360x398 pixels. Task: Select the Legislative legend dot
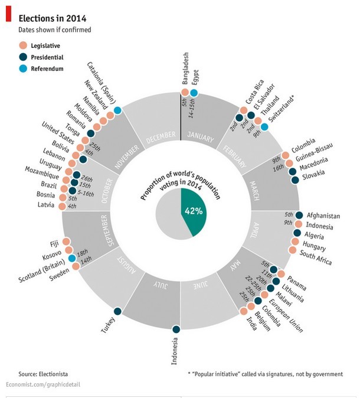coord(23,45)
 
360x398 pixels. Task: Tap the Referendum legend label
coord(48,68)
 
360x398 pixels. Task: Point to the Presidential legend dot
coord(23,57)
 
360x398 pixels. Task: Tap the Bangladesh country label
coord(184,70)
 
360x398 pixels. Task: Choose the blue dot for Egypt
coord(194,93)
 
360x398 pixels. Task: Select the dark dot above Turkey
coord(117,311)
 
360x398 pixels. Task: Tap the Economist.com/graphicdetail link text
coord(42,384)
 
